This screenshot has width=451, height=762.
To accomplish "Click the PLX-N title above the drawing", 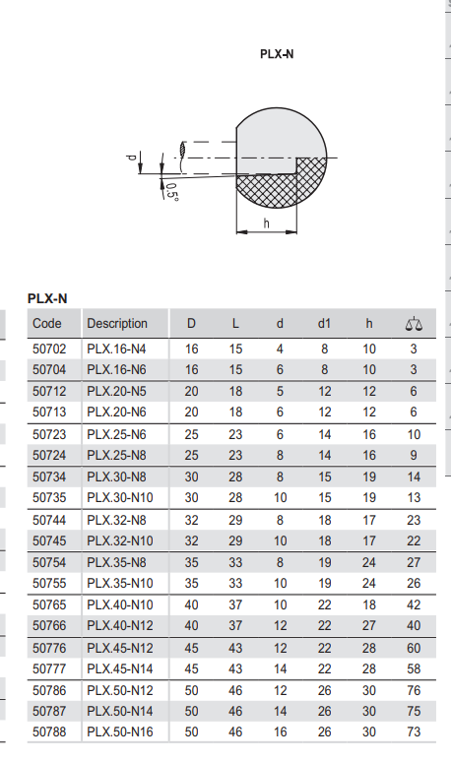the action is tap(277, 54).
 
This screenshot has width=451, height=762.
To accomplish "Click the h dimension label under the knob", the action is tap(266, 222).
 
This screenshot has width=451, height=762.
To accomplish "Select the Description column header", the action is tap(116, 324).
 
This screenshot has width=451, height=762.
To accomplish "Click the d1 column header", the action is tap(324, 324).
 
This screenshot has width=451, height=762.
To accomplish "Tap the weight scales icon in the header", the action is tap(414, 324).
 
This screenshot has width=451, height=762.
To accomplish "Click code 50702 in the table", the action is tap(49, 349).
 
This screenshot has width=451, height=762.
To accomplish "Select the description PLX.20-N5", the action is tap(116, 391).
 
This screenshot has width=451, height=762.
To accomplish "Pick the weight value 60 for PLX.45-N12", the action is tap(414, 648).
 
